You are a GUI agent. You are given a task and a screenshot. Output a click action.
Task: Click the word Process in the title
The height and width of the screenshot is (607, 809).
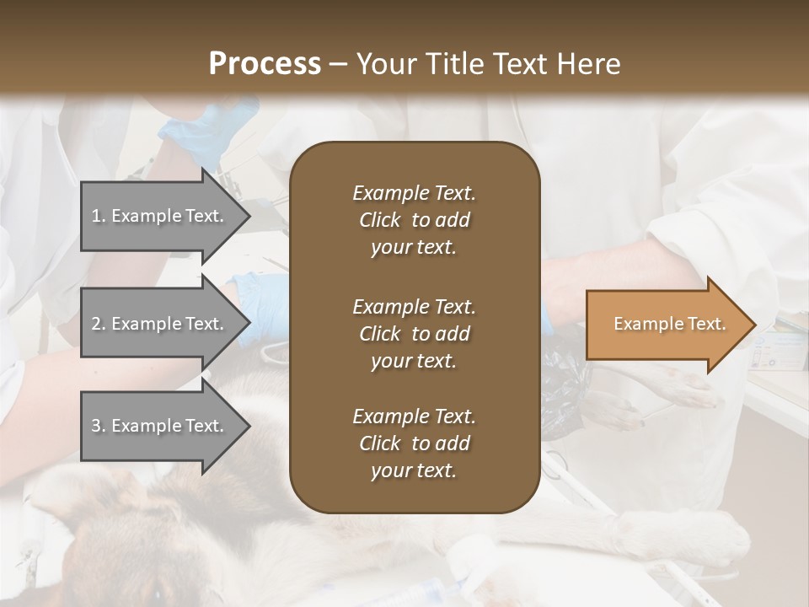(265, 64)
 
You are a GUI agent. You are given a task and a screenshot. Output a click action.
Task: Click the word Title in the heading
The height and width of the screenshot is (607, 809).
(453, 64)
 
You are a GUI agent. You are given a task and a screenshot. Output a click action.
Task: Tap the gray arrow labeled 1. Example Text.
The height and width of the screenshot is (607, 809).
(160, 216)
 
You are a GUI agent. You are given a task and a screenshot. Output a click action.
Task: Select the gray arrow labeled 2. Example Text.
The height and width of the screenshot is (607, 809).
(160, 324)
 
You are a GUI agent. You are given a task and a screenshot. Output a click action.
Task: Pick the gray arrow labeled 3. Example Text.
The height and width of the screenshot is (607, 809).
(160, 426)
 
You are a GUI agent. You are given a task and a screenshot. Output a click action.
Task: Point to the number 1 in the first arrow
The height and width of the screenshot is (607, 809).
(96, 216)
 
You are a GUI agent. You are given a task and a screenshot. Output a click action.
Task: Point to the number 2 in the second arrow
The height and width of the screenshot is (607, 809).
(96, 324)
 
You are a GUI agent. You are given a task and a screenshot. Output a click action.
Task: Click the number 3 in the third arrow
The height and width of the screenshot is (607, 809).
(96, 426)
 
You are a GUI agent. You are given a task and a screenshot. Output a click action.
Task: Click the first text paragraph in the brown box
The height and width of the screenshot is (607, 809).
(414, 220)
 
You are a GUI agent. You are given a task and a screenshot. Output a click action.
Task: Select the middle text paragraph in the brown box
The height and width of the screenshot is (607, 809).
(414, 334)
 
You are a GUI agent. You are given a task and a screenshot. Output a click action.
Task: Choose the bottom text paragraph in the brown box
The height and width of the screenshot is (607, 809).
(414, 443)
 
